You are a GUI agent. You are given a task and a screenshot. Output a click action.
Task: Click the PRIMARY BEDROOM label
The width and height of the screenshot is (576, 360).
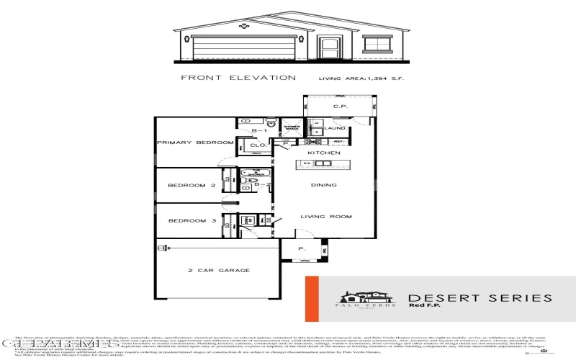click(187, 143)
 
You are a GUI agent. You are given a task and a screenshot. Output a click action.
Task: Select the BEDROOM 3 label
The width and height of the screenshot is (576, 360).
click(192, 221)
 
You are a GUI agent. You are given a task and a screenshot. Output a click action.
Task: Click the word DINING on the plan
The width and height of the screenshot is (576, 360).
click(324, 185)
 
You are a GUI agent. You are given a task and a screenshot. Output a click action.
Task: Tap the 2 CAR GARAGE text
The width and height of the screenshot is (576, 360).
click(219, 271)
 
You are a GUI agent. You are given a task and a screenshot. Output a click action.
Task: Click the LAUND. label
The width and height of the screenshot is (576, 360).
click(336, 128)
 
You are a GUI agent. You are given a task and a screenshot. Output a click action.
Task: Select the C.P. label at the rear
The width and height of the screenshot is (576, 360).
click(340, 107)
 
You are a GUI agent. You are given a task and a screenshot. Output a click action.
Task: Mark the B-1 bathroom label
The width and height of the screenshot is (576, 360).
click(263, 131)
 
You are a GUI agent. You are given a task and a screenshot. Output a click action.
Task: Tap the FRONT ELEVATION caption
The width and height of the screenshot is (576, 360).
click(238, 77)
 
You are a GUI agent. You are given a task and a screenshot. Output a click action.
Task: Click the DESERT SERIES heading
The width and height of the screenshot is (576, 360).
click(480, 298)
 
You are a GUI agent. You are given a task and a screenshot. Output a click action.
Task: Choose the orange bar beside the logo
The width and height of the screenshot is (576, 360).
click(311, 299)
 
